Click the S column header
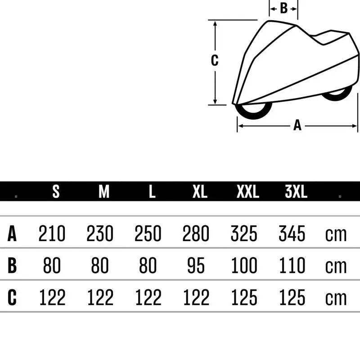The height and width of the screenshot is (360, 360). tap(56, 192)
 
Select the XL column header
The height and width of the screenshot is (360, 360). tap(200, 192)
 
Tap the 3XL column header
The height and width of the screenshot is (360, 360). tap(296, 192)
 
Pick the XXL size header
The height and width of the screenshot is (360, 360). tap(248, 192)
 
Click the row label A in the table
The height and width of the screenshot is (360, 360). tap(12, 234)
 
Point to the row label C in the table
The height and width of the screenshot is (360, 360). tap(12, 297)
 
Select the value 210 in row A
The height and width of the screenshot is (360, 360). tap(52, 234)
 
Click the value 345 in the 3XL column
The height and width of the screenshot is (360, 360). tap(292, 234)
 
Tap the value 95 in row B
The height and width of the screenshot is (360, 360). tap(196, 266)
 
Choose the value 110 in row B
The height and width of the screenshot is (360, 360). tap(292, 266)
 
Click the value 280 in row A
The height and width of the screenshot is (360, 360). tap(196, 234)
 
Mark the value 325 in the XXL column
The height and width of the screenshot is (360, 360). tap(244, 234)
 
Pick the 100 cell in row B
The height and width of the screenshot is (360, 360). tap(244, 266)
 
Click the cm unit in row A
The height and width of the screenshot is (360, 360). tap(336, 234)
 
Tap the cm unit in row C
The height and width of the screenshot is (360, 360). tap(336, 298)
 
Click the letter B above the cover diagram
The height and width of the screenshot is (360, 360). tap(283, 8)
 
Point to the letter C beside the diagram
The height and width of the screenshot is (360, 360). tap(215, 60)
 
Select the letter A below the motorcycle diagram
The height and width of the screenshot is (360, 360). tap(297, 126)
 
